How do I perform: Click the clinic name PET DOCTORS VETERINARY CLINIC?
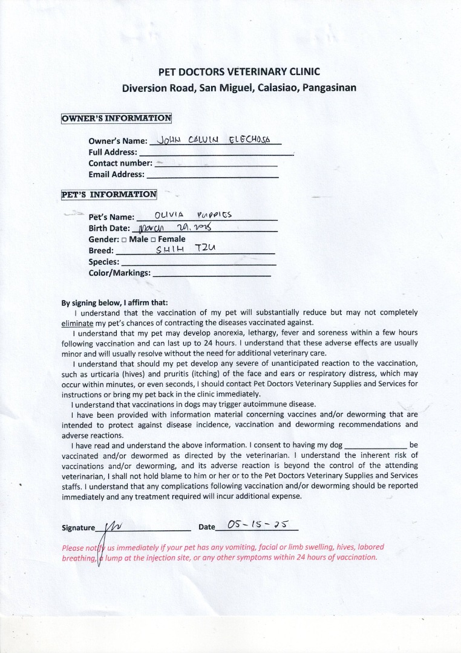(239, 71)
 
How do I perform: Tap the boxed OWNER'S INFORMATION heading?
(116, 118)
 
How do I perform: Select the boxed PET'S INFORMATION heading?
(109, 194)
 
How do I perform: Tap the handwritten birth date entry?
(175, 227)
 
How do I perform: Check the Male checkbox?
(124, 239)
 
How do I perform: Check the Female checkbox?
(154, 239)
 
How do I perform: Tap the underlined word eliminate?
(75, 323)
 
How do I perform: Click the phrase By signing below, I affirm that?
(115, 303)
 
